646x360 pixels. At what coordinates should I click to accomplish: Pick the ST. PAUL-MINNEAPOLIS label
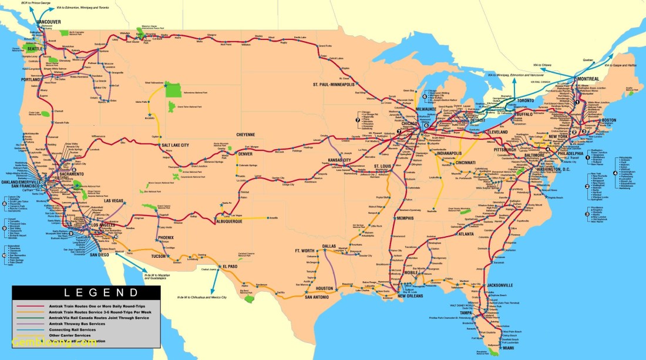(x=334, y=85)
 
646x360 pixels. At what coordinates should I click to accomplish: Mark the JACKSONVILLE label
(x=500, y=285)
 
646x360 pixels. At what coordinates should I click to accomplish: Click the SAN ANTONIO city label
(x=320, y=297)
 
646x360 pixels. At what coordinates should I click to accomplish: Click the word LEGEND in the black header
(x=85, y=292)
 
